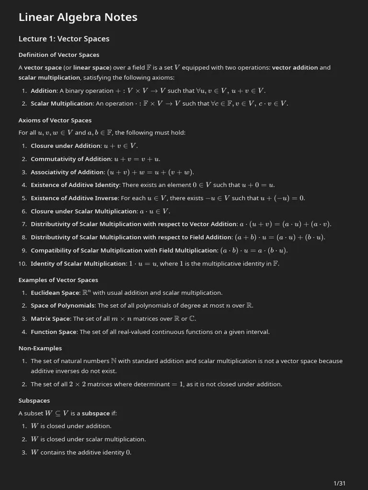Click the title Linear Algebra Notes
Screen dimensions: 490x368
[x=78, y=17]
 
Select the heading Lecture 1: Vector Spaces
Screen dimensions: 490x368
[x=64, y=39]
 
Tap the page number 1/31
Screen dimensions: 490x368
[x=339, y=483]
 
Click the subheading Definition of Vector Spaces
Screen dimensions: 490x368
[x=58, y=55]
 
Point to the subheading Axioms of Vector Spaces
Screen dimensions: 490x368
[x=55, y=121]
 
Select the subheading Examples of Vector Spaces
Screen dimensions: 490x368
[x=58, y=280]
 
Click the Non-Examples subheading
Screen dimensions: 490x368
[x=40, y=348]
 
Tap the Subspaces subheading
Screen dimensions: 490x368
[x=34, y=401]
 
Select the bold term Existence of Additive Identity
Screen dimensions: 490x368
[x=75, y=185]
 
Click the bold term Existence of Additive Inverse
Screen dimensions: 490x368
[x=74, y=198]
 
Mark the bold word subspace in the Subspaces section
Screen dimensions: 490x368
[x=96, y=413]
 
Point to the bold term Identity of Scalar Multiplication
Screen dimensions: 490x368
[x=78, y=264]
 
